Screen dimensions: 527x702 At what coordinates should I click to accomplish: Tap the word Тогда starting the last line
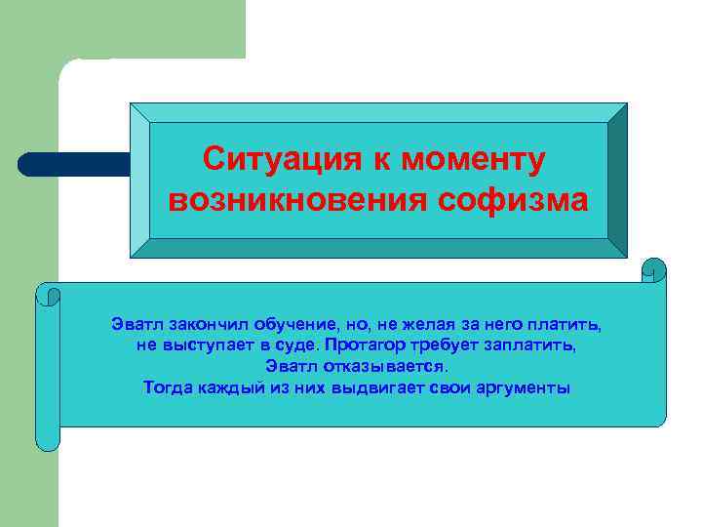coord(166,387)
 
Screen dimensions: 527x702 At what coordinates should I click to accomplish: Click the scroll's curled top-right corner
coord(653,270)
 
